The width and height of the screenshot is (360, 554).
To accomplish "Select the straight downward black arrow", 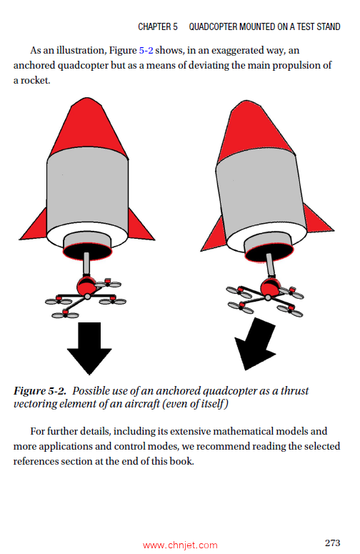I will pyautogui.click(x=89, y=347).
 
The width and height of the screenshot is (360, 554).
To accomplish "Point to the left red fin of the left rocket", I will pyautogui.click(x=34, y=227).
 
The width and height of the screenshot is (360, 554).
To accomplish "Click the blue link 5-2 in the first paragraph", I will pyautogui.click(x=147, y=51).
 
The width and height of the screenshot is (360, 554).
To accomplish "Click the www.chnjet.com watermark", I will pyautogui.click(x=180, y=545).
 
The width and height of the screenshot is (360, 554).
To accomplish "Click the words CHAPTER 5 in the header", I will pyautogui.click(x=158, y=27).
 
